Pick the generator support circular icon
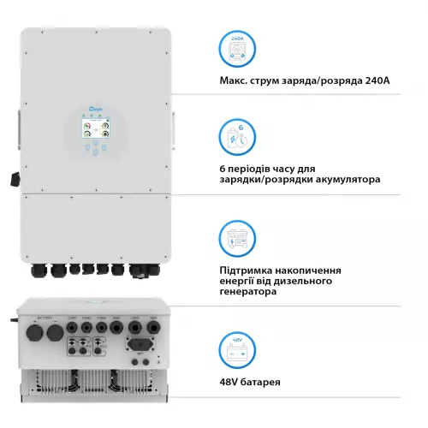pyautogui.click(x=239, y=238)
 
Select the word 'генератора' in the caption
pyautogui.click(x=248, y=291)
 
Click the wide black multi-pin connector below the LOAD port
pyautogui.click(x=138, y=346)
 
